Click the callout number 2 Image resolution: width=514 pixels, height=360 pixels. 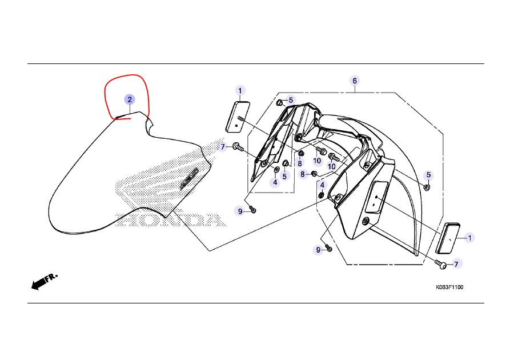[x=130, y=99]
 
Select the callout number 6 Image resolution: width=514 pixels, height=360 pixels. [x=355, y=81]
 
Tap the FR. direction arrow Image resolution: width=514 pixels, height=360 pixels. [x=43, y=281]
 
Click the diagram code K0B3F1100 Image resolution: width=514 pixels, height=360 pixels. [x=449, y=287]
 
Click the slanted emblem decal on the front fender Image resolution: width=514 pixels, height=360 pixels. [x=190, y=179]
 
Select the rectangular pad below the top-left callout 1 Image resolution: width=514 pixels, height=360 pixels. [x=238, y=117]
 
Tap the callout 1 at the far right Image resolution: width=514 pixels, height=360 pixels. [x=470, y=238]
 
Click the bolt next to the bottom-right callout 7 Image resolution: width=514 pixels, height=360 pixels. [x=441, y=264]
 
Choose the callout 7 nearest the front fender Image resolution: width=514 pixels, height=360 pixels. [x=223, y=147]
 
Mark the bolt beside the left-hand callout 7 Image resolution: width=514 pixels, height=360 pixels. [x=238, y=147]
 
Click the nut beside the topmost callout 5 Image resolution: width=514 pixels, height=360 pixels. [x=280, y=103]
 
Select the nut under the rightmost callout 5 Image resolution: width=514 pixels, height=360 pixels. [x=427, y=187]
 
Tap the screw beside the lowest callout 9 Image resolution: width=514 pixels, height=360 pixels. [x=328, y=248]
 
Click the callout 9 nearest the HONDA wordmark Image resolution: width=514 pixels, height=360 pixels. [x=240, y=212]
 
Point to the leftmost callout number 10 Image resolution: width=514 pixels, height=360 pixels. [x=317, y=161]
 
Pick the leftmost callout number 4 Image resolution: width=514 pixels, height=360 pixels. [x=275, y=182]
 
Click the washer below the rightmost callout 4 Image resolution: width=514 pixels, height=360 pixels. [x=322, y=196]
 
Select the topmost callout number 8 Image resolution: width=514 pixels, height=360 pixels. [x=300, y=163]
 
